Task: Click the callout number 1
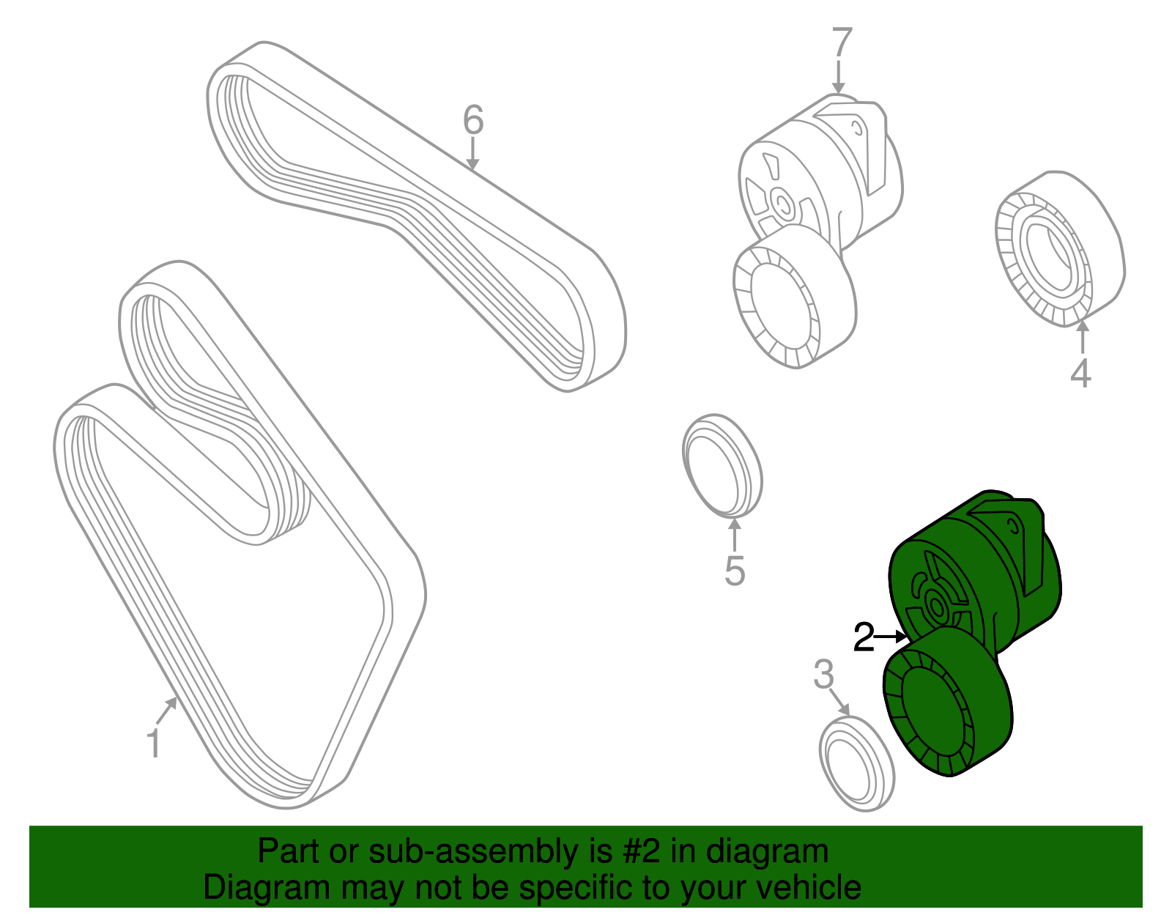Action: click(x=155, y=743)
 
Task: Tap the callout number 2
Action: click(x=864, y=637)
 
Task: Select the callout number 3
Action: click(x=823, y=675)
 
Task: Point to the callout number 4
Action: click(x=1081, y=373)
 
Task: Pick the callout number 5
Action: click(x=735, y=571)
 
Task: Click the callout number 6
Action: click(x=473, y=119)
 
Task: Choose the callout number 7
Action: click(x=842, y=42)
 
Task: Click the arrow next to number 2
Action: click(x=891, y=637)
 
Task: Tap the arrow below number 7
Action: click(x=838, y=77)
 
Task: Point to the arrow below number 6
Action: click(x=472, y=154)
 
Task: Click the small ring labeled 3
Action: click(x=856, y=764)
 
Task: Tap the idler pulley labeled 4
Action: click(x=1060, y=248)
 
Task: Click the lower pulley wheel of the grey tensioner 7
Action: click(x=794, y=297)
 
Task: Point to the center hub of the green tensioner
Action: click(x=937, y=607)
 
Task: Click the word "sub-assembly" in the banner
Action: click(x=490, y=851)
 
